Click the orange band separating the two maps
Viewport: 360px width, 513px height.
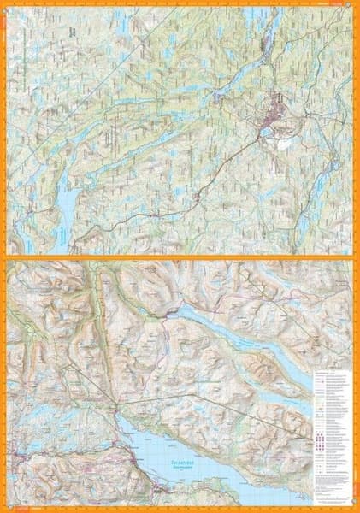(180, 257)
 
